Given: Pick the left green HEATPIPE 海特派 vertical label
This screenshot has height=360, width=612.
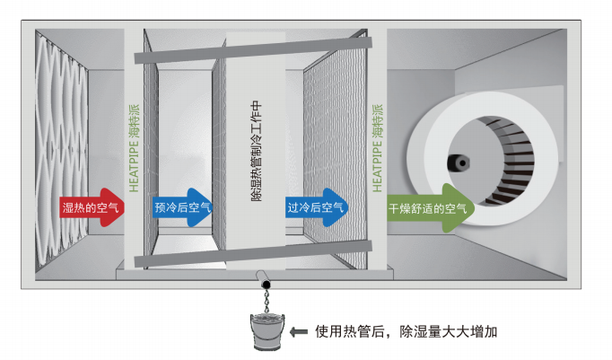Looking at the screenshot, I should point(135,148).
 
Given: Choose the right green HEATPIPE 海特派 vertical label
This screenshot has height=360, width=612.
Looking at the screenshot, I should point(376,148).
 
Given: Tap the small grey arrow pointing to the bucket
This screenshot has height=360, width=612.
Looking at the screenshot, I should point(299,331).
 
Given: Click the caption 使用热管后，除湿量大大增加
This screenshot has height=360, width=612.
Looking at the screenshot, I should point(405,331).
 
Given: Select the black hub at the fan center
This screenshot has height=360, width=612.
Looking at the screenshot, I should point(462,163).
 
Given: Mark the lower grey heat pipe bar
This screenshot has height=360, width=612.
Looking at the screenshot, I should point(251,261).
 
